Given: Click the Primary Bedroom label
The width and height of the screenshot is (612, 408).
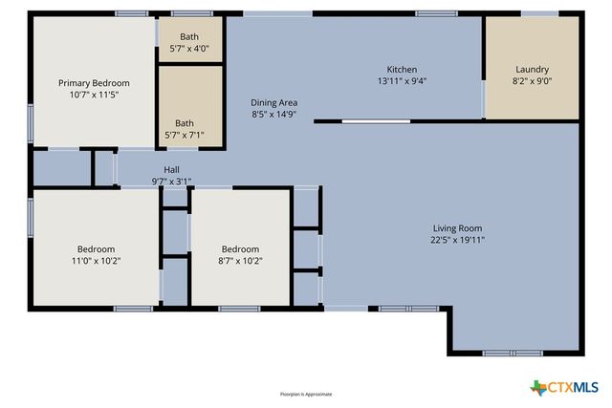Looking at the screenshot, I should coord(94,83).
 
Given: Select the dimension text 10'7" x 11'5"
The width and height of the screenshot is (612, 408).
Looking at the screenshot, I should coord(94,96).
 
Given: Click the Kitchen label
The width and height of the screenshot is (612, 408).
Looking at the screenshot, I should coord(401,69).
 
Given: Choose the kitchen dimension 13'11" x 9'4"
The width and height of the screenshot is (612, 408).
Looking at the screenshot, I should coord(401,81).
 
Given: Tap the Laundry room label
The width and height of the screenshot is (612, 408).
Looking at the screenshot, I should coord(532,69).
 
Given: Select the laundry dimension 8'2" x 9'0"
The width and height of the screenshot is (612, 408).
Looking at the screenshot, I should coord(532,81).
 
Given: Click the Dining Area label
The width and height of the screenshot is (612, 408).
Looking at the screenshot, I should coord(274,102).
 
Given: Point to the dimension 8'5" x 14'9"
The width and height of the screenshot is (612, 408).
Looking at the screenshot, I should coord(274,115).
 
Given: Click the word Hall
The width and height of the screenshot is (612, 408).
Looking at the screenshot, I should coord(171,169).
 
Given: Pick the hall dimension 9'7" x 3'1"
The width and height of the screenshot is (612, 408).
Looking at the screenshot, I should coord(171,181).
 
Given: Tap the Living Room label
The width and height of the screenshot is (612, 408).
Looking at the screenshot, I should coord(457,228).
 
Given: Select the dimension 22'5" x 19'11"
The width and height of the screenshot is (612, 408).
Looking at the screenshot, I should coord(457,241).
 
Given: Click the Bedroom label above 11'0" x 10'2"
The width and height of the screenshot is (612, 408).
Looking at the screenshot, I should coord(96,248).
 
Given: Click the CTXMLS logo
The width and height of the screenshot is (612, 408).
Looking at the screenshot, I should coord(564,387).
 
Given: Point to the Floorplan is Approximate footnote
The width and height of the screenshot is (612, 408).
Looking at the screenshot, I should coord(305,394).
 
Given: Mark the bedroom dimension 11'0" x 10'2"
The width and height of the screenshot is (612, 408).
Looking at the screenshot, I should coord(96,261).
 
